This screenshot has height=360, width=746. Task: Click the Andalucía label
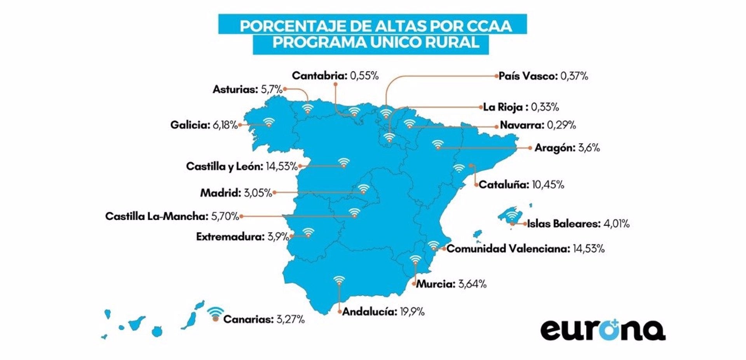tap(370, 312)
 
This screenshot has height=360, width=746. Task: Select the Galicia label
tap(190, 125)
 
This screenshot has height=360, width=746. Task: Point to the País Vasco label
tap(528, 76)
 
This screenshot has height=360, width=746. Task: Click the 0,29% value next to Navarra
tap(561, 125)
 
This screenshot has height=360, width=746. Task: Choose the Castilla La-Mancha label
tap(157, 217)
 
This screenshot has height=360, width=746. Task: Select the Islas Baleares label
tap(563, 224)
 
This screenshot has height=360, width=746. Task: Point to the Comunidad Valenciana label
tap(508, 249)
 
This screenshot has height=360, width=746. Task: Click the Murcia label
tap(435, 284)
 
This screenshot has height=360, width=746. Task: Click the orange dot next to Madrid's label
tap(275, 192)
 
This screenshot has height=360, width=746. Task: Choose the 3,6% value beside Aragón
tap(589, 148)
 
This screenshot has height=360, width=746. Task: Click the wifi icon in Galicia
tap(268, 122)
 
